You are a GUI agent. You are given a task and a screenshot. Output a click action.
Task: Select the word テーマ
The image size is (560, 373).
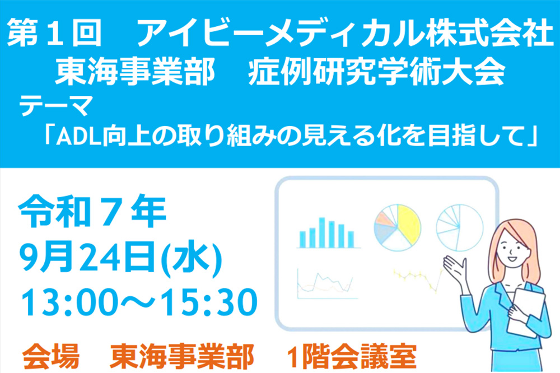pyautogui.click(x=55, y=106)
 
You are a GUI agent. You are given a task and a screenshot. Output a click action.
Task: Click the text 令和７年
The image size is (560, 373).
pyautogui.click(x=92, y=211)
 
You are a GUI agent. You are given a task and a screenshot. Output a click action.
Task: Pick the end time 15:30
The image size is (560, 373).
pyautogui.click(x=208, y=302)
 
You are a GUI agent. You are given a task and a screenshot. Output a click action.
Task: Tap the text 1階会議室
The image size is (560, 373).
pyautogui.click(x=352, y=356)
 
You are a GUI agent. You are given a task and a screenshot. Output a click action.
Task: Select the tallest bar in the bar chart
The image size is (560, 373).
pyautogui.click(x=322, y=232)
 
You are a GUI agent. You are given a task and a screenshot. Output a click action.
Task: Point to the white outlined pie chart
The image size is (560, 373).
pyautogui.click(x=460, y=228)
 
